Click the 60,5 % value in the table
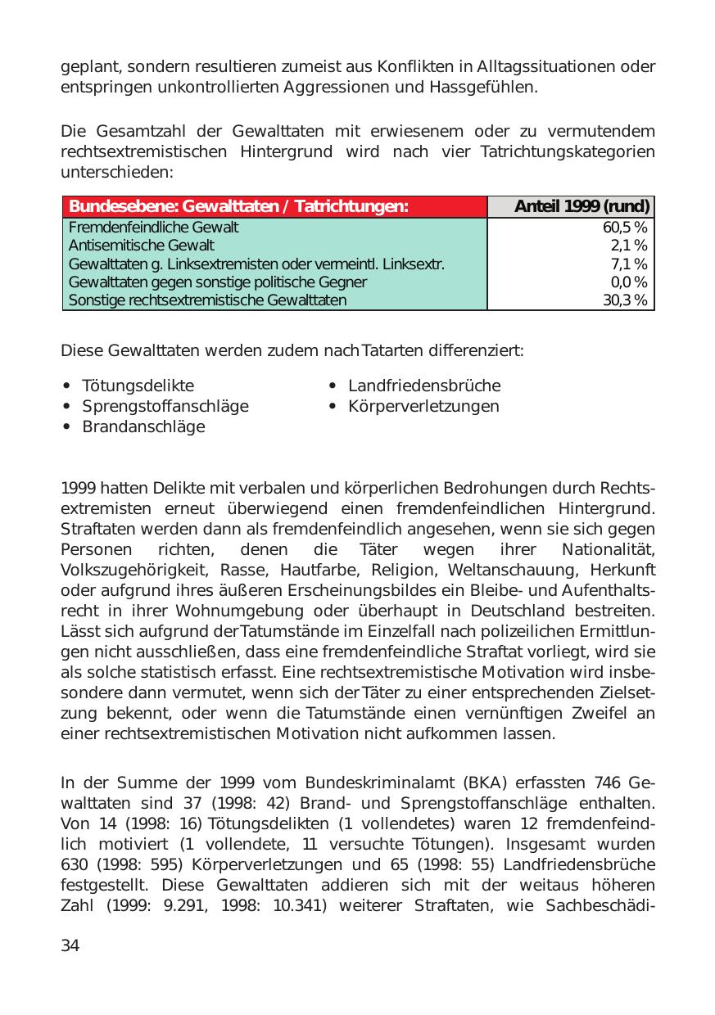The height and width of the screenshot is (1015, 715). coord(625,228)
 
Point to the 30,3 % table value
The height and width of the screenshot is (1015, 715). coord(625,300)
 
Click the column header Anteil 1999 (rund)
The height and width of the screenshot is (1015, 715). coord(582,207)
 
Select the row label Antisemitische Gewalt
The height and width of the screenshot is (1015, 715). coord(141,246)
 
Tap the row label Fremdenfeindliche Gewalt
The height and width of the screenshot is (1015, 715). coord(153,228)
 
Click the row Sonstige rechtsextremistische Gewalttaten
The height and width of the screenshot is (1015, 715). coord(207,300)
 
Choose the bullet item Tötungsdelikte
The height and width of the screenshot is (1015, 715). coord(138,386)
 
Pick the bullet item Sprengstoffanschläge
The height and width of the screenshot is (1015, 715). coord(165,406)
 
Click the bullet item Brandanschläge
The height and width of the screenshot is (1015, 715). coord(143,426)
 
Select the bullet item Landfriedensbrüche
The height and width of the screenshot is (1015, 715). coord(424,386)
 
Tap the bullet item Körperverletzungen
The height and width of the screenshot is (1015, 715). coord(423,406)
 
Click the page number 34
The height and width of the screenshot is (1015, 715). coord(70,946)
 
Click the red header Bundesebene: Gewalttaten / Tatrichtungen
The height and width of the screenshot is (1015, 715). coord(238,207)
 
